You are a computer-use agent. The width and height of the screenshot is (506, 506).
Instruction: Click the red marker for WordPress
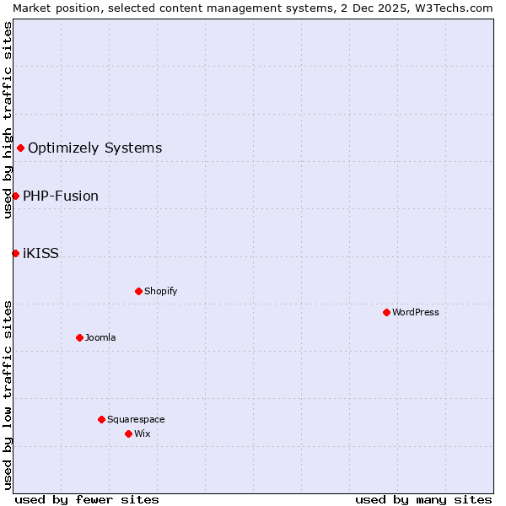386,312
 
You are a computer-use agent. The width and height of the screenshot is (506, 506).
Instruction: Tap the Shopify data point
138,291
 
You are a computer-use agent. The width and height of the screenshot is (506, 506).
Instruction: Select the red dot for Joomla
79,337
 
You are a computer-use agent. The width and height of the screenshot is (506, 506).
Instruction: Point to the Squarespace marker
101,419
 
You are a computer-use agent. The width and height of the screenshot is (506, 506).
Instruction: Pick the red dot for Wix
128,433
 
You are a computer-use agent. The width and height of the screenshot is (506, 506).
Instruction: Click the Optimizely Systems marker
20,148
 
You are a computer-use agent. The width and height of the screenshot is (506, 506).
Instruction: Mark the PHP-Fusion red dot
15,196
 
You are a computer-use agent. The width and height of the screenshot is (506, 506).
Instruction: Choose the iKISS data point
15,253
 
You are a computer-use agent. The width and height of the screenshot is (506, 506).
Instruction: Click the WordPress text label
416,312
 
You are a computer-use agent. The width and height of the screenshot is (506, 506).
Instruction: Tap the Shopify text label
160,291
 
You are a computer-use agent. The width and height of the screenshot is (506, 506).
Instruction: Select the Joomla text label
100,337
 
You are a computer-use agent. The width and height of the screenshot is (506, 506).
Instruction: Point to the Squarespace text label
136,419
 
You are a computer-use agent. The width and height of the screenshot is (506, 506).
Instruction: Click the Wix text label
143,433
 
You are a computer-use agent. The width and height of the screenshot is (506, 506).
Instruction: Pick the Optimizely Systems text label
94,148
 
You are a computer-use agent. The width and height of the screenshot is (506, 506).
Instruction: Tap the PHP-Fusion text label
61,196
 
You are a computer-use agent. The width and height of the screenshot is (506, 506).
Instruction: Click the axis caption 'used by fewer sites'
87,499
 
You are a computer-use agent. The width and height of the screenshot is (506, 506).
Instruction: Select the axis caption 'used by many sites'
423,499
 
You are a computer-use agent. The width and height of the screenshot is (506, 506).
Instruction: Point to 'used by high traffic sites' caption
8,120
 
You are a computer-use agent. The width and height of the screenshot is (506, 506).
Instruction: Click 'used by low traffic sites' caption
8,394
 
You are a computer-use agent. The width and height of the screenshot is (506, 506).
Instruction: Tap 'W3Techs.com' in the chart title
458,8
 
